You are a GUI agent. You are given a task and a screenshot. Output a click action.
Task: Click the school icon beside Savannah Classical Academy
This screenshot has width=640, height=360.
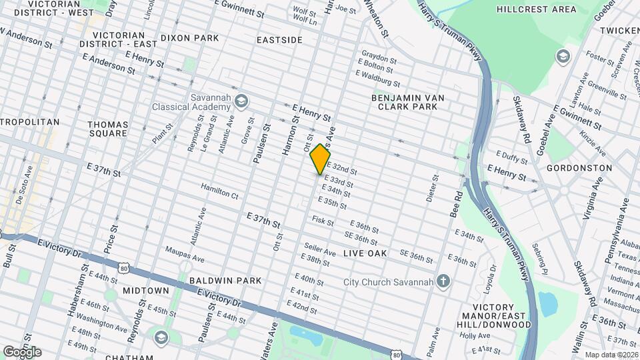241,101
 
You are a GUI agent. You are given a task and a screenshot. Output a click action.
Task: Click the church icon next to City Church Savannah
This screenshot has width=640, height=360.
442,282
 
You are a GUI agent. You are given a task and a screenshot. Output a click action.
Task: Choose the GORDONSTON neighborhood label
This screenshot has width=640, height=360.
579,168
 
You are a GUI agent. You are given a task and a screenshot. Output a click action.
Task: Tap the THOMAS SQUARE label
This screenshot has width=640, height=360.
107,128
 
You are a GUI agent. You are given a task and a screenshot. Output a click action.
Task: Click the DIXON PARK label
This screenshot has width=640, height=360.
189,39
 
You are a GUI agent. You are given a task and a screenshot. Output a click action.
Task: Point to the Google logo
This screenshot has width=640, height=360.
21,351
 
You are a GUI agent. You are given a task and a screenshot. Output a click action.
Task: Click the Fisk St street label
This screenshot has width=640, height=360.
323,221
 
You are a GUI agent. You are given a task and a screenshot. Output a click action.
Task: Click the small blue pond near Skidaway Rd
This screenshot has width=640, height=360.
547,304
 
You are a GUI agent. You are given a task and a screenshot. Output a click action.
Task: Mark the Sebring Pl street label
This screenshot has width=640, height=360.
539,259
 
